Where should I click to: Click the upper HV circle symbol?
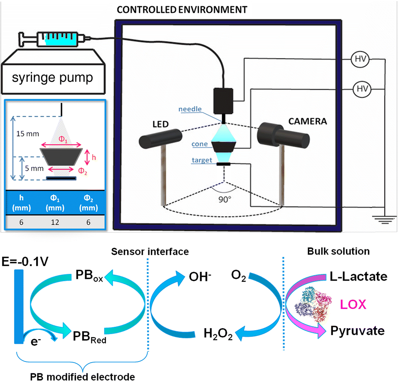[x=360, y=59]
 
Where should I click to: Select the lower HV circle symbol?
[x=362, y=89]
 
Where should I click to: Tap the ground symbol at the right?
[x=385, y=220]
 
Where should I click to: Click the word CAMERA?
[x=308, y=121]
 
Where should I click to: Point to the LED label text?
[x=161, y=124]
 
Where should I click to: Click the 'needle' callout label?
[x=190, y=109]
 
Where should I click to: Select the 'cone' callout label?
[x=200, y=144]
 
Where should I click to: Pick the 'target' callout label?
[x=202, y=160]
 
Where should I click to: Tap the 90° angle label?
[x=225, y=200]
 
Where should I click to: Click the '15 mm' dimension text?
[x=28, y=134]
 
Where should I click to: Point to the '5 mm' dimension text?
[x=34, y=168]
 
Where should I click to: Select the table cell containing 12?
[x=55, y=222]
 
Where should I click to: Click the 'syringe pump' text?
[x=52, y=77]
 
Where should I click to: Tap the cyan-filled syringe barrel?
[x=61, y=39]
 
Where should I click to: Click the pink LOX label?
[x=353, y=304]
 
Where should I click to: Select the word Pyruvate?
[x=357, y=331]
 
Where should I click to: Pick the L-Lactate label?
[x=359, y=276]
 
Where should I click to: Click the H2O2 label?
[x=218, y=334]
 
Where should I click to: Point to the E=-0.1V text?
[x=25, y=261]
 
